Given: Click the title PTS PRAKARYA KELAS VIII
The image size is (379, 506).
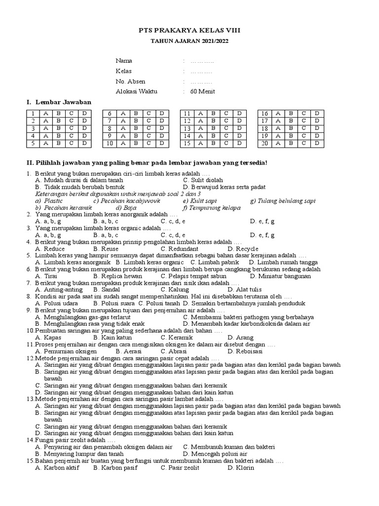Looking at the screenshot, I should tap(189, 31).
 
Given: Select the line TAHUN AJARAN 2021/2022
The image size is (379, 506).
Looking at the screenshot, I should tap(189, 41).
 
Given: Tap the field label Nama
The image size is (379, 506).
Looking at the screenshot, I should tap(124, 61).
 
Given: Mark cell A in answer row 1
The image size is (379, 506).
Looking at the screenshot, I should tap(45, 113).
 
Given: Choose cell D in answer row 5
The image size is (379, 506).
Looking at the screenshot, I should tap(85, 143).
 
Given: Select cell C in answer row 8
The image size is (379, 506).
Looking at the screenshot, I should tap(149, 128).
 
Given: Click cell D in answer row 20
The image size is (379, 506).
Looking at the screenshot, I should tap(317, 143).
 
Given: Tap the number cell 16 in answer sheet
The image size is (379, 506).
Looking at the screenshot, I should tap(265, 113).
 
